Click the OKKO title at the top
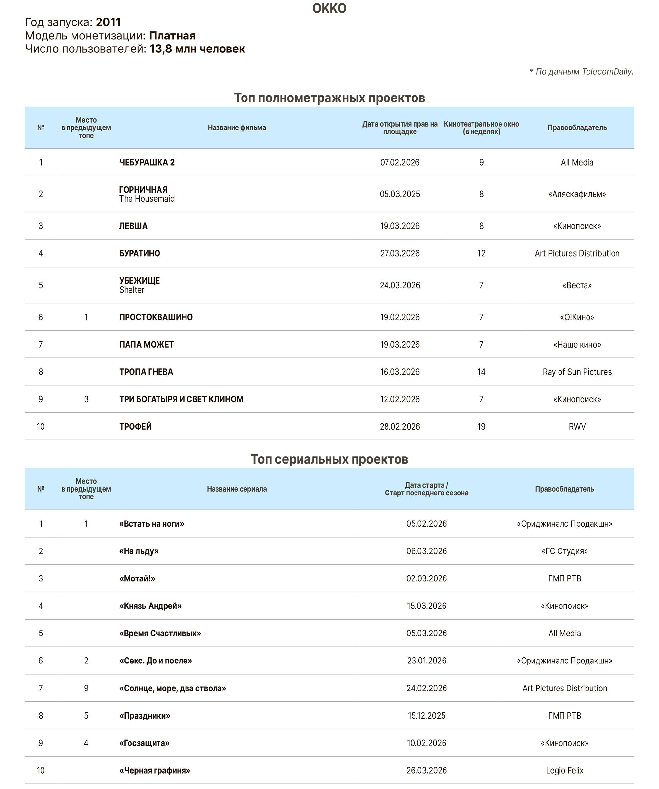click(x=329, y=8)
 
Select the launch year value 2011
click(x=108, y=22)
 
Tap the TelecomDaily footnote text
click(x=581, y=72)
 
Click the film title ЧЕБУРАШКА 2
click(x=147, y=163)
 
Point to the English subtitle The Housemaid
click(x=147, y=199)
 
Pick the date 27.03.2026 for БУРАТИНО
click(x=400, y=254)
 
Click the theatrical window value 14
click(x=481, y=372)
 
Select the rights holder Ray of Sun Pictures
click(x=577, y=372)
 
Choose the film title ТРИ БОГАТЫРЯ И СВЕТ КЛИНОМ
click(x=181, y=399)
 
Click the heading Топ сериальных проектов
click(x=329, y=459)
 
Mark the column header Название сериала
click(x=237, y=489)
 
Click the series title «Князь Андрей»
click(x=150, y=606)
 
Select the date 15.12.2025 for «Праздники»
click(x=426, y=716)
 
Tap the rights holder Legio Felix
click(x=564, y=771)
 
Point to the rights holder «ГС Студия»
click(x=564, y=551)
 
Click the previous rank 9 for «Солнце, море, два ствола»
click(x=86, y=688)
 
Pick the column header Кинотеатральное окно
click(x=481, y=128)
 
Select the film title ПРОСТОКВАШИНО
click(x=156, y=317)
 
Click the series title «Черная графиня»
click(x=155, y=771)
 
